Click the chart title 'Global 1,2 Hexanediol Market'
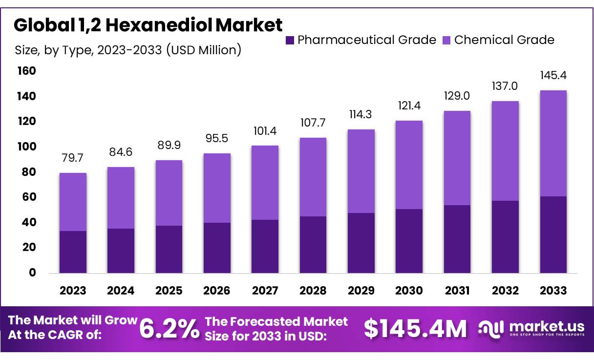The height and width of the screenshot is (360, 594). pos(148,25)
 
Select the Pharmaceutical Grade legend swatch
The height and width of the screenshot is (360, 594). pos(290,40)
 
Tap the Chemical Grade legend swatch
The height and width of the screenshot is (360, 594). pos(446,40)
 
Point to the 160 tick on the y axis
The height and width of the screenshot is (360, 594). pos(27,71)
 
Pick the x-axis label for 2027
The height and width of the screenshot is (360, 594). pos(265,291)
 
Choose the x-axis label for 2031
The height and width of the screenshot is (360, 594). pos(457,291)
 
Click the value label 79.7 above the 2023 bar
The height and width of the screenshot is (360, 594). pos(73,159)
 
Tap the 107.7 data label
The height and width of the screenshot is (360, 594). pos(313,124)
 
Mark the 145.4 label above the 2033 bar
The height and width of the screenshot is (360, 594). pos(553,76)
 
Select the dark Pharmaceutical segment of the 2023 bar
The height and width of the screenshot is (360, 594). pos(73,252)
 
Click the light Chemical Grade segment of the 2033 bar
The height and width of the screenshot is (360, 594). pos(553,143)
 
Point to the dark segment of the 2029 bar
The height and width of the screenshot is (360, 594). pos(361,242)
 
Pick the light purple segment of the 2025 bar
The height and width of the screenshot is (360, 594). pos(169,193)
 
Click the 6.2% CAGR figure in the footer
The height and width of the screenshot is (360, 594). pos(169,328)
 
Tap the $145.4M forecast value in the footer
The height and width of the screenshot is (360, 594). pos(415,328)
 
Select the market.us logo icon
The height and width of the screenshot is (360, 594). pos(491,328)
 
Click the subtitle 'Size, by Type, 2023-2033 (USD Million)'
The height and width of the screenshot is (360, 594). pos(128,50)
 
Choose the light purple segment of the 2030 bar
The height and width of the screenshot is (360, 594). pos(409,165)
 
